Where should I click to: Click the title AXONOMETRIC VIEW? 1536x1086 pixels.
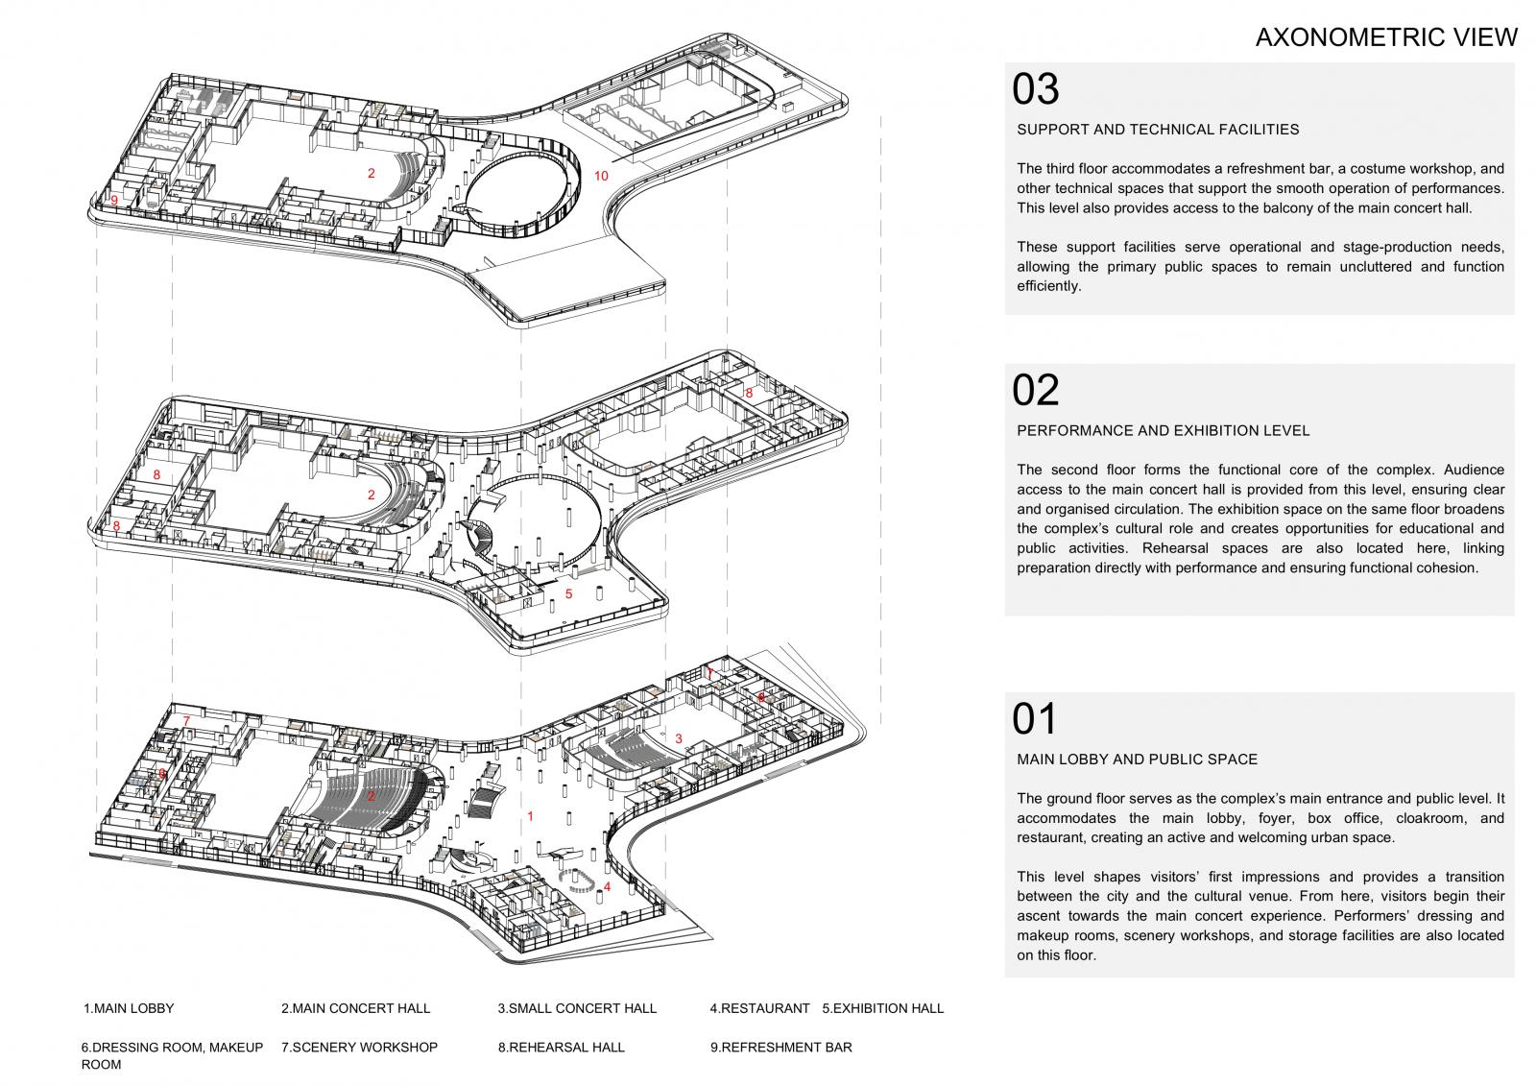click(x=1386, y=37)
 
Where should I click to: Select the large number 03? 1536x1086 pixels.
click(x=1036, y=89)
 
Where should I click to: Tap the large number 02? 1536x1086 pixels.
click(x=1036, y=391)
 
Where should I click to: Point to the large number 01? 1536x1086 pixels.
click(x=1034, y=719)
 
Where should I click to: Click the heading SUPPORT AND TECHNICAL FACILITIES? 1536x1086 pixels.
click(x=1158, y=130)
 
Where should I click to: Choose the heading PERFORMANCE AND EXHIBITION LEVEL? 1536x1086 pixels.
click(x=1163, y=431)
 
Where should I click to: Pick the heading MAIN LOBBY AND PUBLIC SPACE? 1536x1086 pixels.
click(x=1137, y=760)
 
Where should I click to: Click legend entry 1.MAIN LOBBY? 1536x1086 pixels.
click(x=129, y=1008)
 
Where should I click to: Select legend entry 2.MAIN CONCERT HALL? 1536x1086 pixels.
click(x=356, y=1008)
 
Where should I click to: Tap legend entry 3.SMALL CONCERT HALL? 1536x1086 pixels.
click(x=577, y=1008)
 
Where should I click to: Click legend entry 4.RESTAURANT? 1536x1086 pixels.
click(x=759, y=1008)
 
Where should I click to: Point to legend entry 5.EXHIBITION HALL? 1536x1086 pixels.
click(x=883, y=1008)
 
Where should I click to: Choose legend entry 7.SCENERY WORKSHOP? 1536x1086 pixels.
click(x=359, y=1048)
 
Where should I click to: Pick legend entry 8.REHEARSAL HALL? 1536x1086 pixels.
click(x=562, y=1048)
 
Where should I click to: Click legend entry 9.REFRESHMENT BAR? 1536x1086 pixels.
click(x=781, y=1048)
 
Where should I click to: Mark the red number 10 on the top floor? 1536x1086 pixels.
click(x=601, y=177)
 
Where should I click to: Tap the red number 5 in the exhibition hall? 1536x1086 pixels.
click(x=568, y=594)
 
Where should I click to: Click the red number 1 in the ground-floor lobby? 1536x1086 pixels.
click(x=530, y=816)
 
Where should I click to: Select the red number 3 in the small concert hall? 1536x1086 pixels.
click(x=679, y=738)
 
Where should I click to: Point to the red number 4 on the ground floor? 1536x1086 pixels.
click(x=607, y=887)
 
